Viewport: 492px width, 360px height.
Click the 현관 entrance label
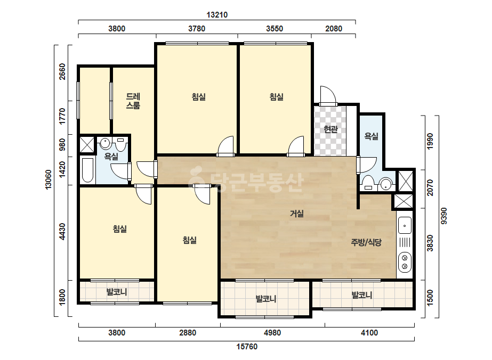330,129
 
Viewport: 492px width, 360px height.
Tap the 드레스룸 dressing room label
133,101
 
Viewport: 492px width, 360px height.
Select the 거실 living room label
297,214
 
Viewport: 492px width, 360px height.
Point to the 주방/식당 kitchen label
366,242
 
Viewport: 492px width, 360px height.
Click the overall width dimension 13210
217,15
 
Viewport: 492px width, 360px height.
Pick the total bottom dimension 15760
247,347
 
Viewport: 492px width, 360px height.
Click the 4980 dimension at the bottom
272,333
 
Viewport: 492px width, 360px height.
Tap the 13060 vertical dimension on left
49,179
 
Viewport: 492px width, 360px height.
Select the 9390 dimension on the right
443,216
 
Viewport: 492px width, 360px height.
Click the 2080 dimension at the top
334,29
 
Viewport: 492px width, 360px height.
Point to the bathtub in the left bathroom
87,170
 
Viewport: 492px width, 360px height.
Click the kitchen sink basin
405,225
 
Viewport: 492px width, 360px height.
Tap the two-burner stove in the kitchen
405,262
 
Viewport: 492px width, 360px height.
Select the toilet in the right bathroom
367,183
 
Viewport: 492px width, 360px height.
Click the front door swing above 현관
328,95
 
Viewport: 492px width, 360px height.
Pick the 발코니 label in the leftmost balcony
116,292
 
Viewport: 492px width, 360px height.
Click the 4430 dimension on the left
62,232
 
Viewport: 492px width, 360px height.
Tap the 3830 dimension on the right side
430,243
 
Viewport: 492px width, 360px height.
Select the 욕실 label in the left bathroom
111,157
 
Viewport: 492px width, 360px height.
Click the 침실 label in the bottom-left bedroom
119,229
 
